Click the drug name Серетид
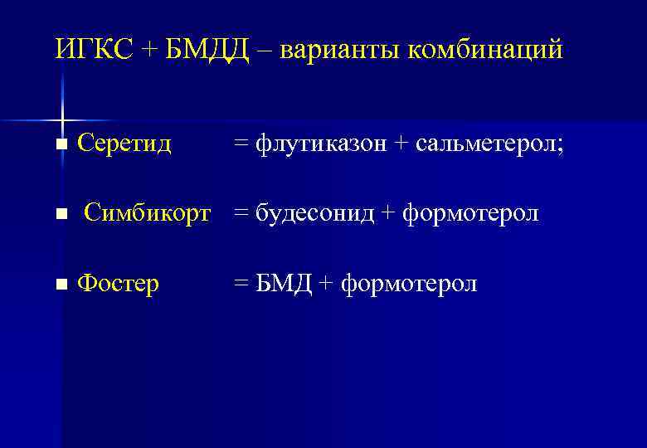124,144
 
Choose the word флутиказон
321,144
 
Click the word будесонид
316,214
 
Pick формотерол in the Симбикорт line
470,214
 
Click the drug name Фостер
118,285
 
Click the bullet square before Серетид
60,145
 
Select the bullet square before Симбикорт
60,215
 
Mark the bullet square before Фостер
60,285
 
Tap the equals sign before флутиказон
241,145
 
